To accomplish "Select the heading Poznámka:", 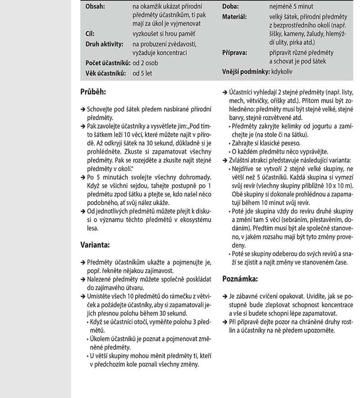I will point(240,279).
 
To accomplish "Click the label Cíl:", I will point(90,33).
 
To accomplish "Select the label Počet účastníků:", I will point(108,63).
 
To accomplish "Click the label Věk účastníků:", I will point(106,72).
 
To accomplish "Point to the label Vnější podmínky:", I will point(245,71).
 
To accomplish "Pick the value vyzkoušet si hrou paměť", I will point(167,33).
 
